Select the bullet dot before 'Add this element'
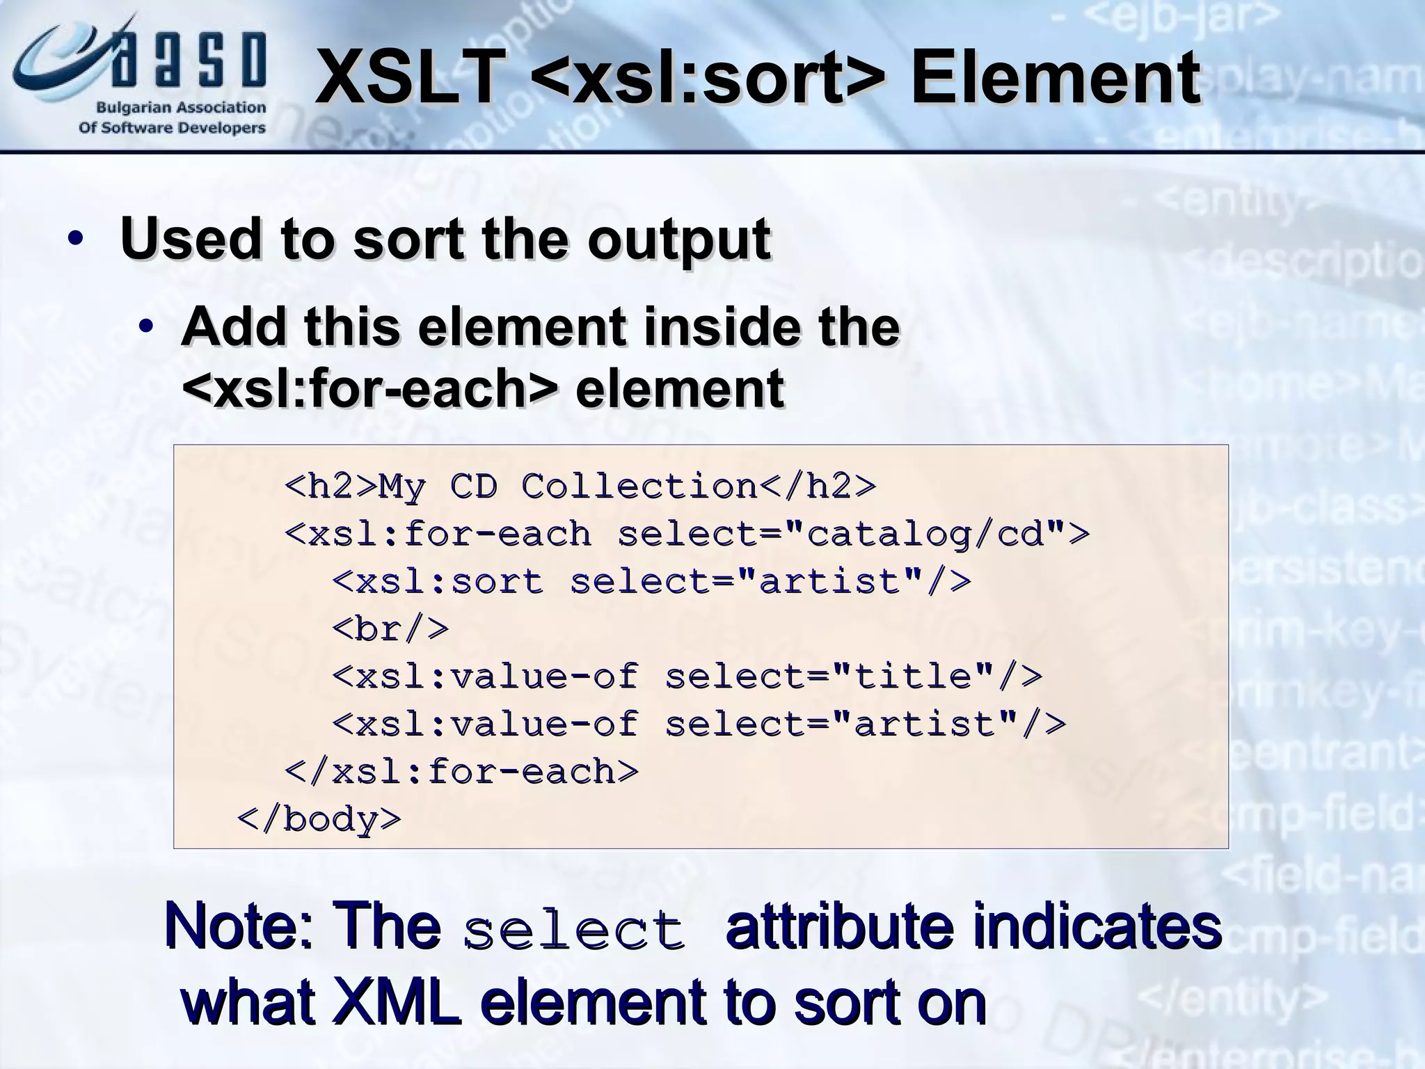(x=145, y=326)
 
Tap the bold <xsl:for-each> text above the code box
(x=369, y=388)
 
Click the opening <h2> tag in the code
(x=331, y=486)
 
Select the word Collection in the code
(x=639, y=486)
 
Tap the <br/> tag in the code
(x=390, y=629)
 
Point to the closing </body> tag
(x=319, y=819)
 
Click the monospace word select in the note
(x=574, y=931)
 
